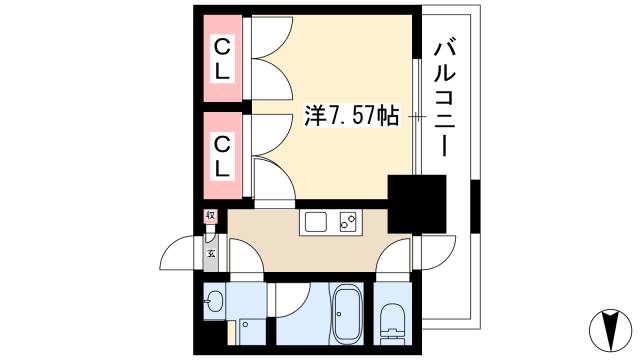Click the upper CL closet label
[x=223, y=58]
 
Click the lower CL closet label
[x=223, y=155]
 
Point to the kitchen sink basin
[x=316, y=223]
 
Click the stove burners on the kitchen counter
[x=348, y=223]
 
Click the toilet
[x=392, y=318]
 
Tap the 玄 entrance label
[x=211, y=252]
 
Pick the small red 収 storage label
[x=211, y=216]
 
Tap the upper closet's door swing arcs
[x=268, y=60]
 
